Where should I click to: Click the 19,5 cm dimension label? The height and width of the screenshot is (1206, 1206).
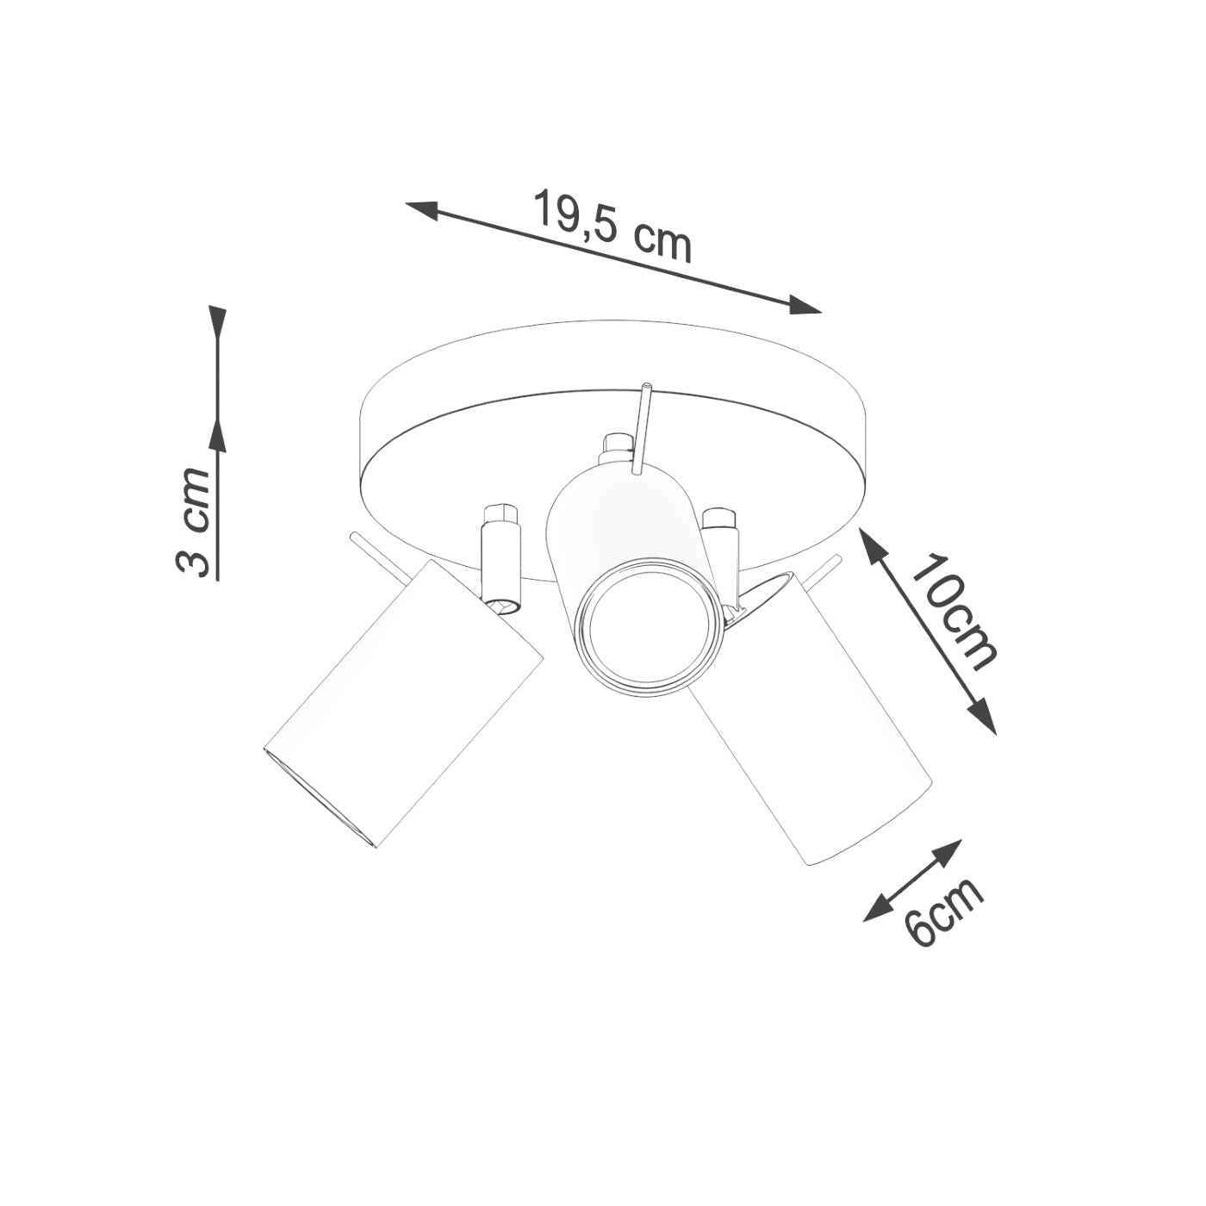click(x=612, y=225)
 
